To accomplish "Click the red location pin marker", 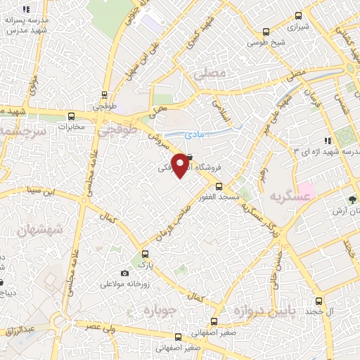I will [x=181, y=165].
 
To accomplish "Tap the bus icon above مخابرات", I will [x=70, y=117].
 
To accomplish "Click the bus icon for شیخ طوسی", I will [x=266, y=32].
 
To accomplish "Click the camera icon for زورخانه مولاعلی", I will [x=124, y=273].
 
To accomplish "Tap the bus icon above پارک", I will [x=146, y=254].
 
